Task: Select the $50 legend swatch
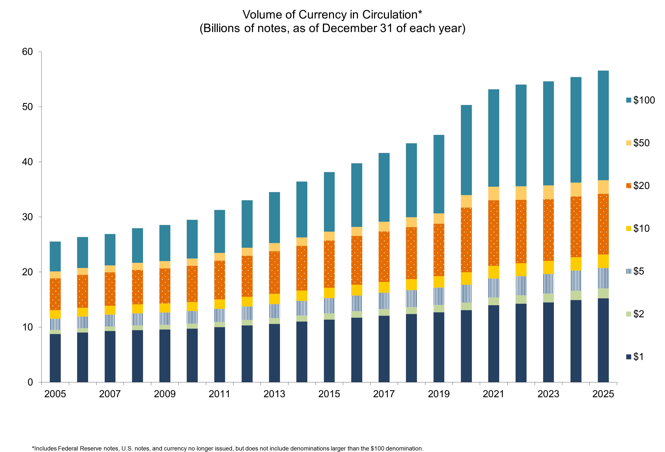click(x=629, y=143)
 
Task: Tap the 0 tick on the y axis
click(x=30, y=382)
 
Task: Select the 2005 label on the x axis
click(x=55, y=394)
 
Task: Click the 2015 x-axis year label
click(x=329, y=394)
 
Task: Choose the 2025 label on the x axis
click(x=603, y=394)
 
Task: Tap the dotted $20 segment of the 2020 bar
click(x=466, y=240)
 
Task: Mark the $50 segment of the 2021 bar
click(x=494, y=194)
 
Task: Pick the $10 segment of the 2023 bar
click(x=548, y=268)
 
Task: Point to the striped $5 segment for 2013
click(x=274, y=311)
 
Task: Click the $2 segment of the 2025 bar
click(x=603, y=294)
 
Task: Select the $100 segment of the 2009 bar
click(x=165, y=243)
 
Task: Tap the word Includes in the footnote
click(x=45, y=448)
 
